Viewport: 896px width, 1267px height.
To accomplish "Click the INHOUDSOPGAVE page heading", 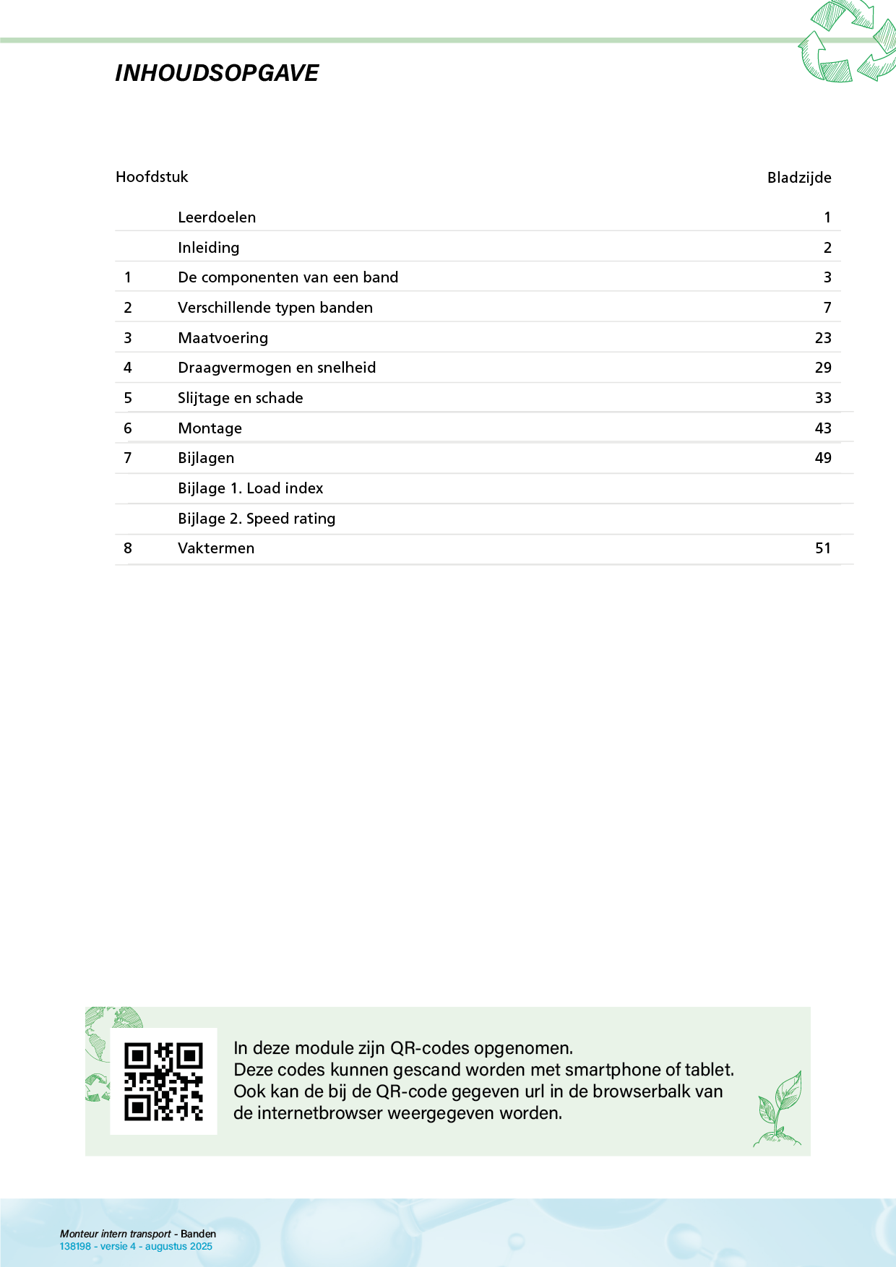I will pyautogui.click(x=217, y=73).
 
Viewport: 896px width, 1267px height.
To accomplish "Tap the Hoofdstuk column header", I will pyautogui.click(x=152, y=177).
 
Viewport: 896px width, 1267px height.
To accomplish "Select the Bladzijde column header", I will pyautogui.click(x=798, y=178).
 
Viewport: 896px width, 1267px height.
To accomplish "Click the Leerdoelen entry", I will pyautogui.click(x=217, y=217).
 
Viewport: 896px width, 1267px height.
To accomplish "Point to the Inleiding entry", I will pyautogui.click(x=209, y=248).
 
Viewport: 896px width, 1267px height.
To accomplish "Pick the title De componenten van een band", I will pyautogui.click(x=288, y=277).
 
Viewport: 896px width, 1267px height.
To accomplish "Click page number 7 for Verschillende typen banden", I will pyautogui.click(x=827, y=308).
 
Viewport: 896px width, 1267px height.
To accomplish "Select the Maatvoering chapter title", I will pyautogui.click(x=223, y=338).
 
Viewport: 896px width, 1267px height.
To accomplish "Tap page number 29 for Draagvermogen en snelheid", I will pyautogui.click(x=823, y=368).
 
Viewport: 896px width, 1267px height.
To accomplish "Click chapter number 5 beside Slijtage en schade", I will pyautogui.click(x=128, y=398).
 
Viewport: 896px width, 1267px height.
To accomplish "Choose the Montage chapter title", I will pyautogui.click(x=210, y=428).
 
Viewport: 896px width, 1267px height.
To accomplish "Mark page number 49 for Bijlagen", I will pyautogui.click(x=823, y=458).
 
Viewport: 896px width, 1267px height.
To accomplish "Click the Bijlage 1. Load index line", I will pyautogui.click(x=250, y=488).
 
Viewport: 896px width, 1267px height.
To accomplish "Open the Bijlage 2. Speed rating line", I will pyautogui.click(x=257, y=519).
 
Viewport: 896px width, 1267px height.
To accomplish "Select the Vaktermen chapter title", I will pyautogui.click(x=216, y=548).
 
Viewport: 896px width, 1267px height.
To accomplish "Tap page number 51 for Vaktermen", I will pyautogui.click(x=823, y=548).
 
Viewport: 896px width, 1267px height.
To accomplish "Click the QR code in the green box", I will pyautogui.click(x=163, y=1081).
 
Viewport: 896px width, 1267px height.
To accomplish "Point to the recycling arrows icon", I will pyautogui.click(x=846, y=42).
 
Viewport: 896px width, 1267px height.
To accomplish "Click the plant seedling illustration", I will pyautogui.click(x=779, y=1109).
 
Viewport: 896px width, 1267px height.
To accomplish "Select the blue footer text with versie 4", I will pyautogui.click(x=136, y=1246).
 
